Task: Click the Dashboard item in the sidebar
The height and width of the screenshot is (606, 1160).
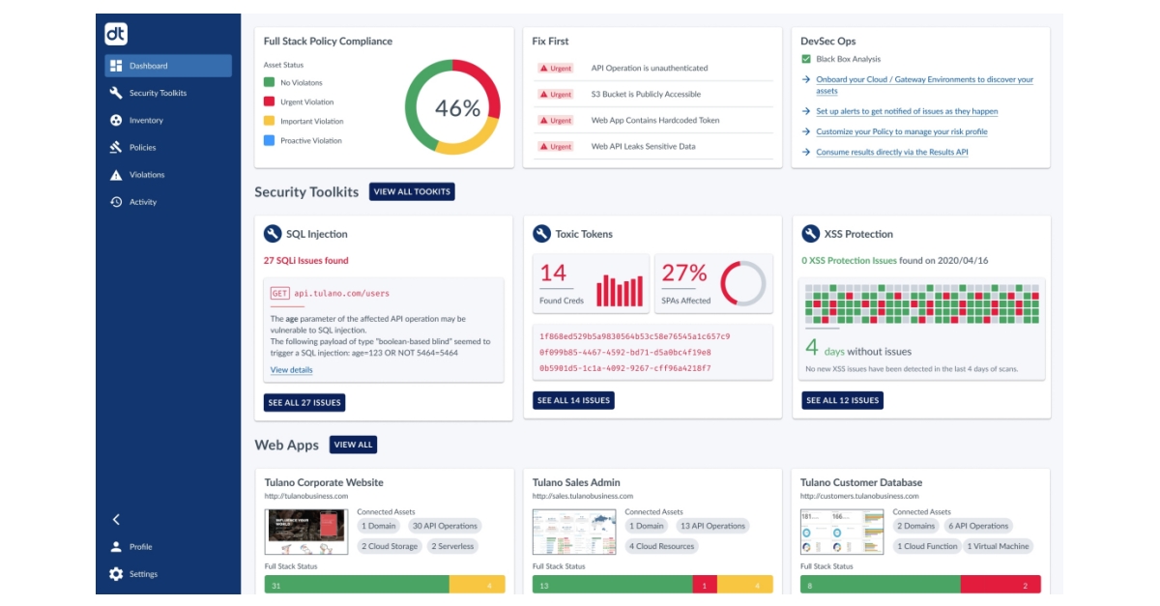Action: click(167, 66)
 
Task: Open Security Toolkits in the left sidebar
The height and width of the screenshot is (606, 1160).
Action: click(158, 93)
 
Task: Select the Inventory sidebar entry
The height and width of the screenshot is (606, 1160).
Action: click(146, 120)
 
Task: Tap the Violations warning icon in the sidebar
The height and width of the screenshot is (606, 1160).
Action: click(116, 175)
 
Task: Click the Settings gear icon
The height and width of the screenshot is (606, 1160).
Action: click(116, 574)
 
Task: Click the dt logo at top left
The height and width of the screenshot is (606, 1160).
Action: click(116, 34)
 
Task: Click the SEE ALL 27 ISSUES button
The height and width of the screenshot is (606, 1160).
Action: click(304, 401)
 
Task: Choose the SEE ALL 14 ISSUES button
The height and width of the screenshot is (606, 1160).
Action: click(573, 400)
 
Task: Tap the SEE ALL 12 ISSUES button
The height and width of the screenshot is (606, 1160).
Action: click(842, 400)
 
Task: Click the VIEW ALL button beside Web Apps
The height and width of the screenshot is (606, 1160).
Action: click(353, 445)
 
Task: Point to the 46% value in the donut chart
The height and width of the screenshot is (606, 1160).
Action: click(457, 108)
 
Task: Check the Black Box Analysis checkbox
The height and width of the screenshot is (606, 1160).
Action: click(806, 59)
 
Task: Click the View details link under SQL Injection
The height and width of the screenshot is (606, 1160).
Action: click(291, 370)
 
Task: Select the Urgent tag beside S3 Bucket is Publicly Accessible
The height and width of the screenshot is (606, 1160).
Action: click(556, 95)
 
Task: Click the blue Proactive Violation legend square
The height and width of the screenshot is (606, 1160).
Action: click(270, 141)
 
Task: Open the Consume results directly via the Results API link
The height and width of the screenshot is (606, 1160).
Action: click(891, 153)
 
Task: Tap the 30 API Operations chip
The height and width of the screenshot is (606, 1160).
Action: click(445, 527)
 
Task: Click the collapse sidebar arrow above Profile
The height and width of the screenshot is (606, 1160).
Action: click(116, 519)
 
